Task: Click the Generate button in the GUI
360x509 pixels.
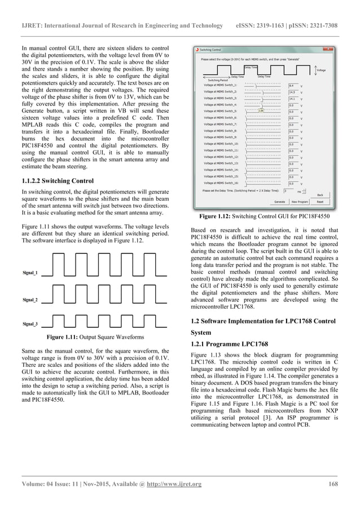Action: pos(279,201)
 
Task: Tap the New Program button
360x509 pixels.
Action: pos(300,201)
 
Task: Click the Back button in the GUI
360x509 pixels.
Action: pos(320,195)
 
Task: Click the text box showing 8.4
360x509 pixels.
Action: pos(293,85)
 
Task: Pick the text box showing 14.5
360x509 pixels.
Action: pos(293,91)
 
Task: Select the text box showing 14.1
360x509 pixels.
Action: pos(293,98)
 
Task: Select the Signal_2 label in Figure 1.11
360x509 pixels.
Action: pos(30,299)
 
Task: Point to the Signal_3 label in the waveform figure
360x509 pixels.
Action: pos(30,324)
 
